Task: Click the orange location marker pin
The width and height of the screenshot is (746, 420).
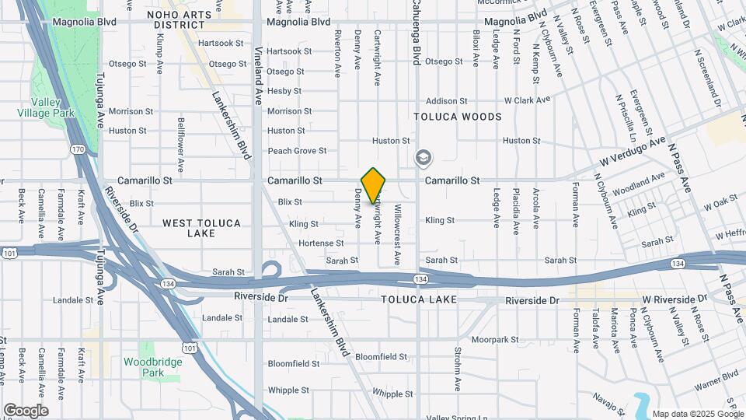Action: [x=374, y=184]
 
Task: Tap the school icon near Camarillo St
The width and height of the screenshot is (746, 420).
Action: [x=424, y=159]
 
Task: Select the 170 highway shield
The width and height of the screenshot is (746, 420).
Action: [x=78, y=149]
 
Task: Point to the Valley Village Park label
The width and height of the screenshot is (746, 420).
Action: [x=47, y=108]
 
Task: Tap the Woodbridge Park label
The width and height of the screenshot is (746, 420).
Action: [x=153, y=367]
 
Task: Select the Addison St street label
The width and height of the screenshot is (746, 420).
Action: [x=447, y=101]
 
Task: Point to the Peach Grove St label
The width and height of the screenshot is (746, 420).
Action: [x=297, y=151]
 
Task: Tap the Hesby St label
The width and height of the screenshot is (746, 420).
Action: [x=284, y=91]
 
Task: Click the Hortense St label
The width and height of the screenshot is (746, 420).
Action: [x=315, y=243]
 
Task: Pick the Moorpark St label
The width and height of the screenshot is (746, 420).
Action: [x=494, y=340]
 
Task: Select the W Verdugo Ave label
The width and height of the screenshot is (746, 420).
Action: [x=633, y=150]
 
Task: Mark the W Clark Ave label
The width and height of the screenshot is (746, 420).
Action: [x=527, y=100]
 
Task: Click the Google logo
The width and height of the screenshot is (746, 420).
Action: [x=26, y=410]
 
